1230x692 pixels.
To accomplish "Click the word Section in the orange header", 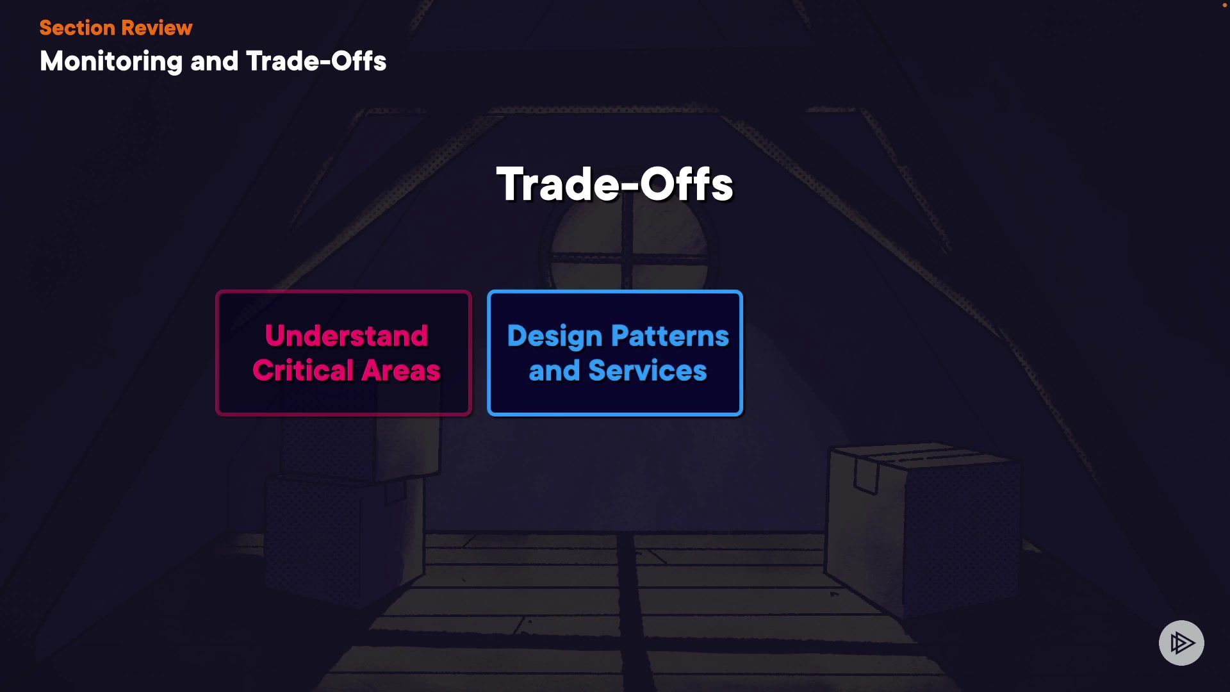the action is [x=77, y=28].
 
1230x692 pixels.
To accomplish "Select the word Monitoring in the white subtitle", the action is [x=111, y=62].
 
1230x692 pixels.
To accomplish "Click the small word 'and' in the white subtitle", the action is [x=214, y=62].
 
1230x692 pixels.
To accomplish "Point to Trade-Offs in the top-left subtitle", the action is [x=316, y=61].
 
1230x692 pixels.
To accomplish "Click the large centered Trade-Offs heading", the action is [x=615, y=185].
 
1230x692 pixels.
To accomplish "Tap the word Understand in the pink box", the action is [x=347, y=335].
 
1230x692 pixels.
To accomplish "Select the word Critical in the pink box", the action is [x=304, y=370].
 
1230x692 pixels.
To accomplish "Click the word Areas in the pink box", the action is [x=402, y=370].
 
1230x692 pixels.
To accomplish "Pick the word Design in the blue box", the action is [x=555, y=337].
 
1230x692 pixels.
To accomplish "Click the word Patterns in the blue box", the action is [x=670, y=336].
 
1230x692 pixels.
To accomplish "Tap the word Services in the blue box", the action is [x=648, y=370].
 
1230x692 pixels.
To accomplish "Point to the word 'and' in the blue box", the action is [x=554, y=370].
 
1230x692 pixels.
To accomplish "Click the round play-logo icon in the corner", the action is [x=1181, y=643].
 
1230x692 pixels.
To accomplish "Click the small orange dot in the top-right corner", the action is [x=1224, y=5].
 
